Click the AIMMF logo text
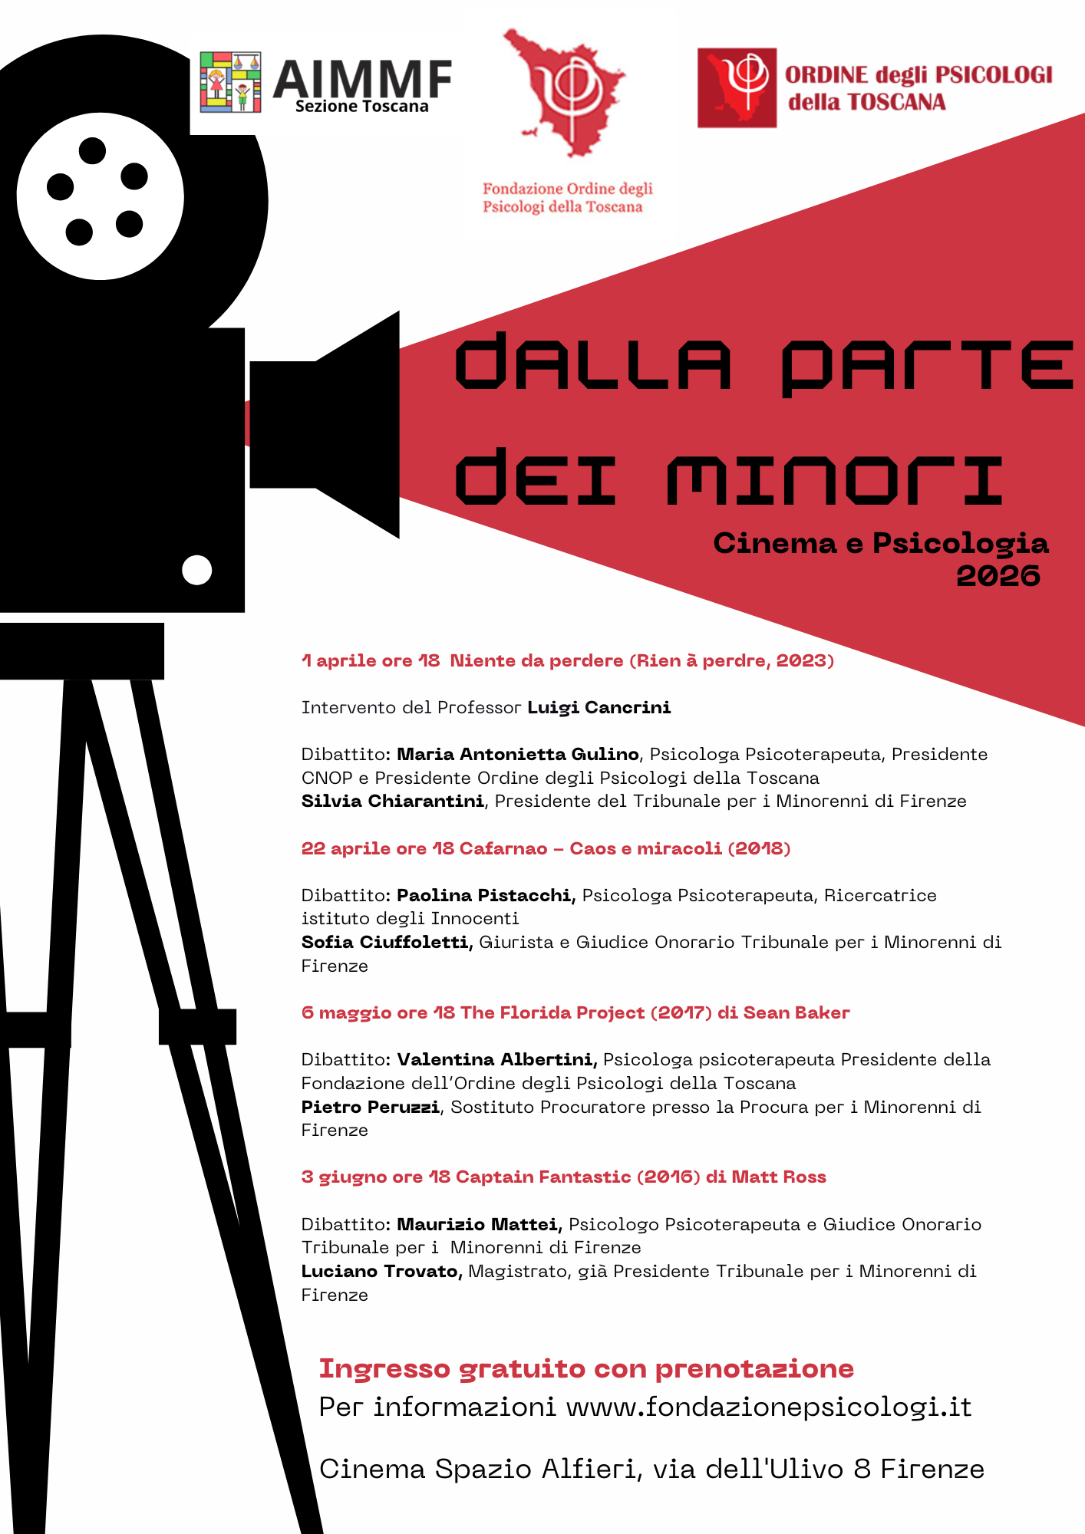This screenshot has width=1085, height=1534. [362, 80]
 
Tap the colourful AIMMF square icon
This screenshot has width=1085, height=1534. [230, 81]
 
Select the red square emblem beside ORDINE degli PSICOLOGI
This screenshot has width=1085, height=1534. [736, 87]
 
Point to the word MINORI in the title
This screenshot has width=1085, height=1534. [835, 479]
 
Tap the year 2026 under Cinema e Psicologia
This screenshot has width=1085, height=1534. [998, 576]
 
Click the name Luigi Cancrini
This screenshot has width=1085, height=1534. [599, 707]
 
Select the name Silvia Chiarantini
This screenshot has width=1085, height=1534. [392, 802]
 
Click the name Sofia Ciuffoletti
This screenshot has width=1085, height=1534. [386, 942]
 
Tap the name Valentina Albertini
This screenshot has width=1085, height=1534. [496, 1059]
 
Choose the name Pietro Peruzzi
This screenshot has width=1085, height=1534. [370, 1107]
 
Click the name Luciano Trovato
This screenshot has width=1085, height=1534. [381, 1271]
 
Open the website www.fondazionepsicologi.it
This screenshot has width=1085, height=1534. [768, 1407]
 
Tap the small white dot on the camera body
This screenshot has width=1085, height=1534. [197, 570]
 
